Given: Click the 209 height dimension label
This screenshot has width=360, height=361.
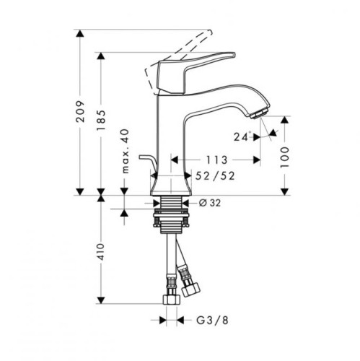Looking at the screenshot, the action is pos(81,111).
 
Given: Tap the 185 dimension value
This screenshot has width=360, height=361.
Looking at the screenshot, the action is pos(101,121).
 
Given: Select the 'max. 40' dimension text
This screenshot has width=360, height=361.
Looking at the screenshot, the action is pos(125,151).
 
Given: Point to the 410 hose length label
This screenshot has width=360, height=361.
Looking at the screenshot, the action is pos(101,251).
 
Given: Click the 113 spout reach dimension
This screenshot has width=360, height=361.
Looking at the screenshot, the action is pos(216,160).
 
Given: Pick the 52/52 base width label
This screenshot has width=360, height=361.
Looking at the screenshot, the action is pos(215,176).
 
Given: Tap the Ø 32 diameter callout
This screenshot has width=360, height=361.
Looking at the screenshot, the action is pos(210,203).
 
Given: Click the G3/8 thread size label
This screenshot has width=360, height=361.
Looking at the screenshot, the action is pos(212,321).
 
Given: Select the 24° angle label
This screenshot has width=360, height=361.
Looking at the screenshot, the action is pos(242,136).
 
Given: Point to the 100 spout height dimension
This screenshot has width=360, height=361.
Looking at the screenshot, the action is pos(284,157).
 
